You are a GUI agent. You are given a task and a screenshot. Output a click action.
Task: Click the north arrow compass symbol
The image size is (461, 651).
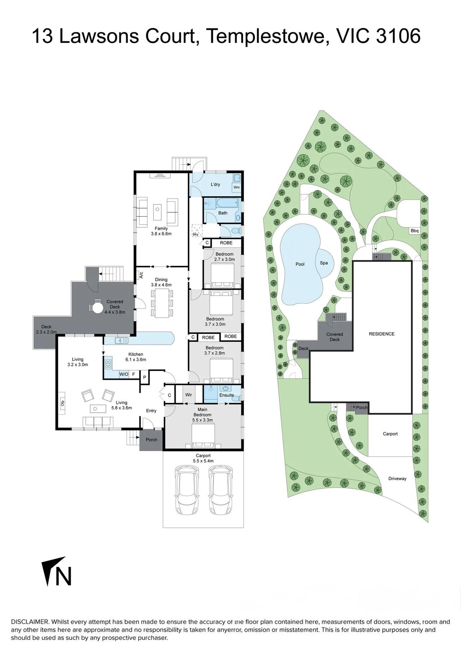coord(56,570)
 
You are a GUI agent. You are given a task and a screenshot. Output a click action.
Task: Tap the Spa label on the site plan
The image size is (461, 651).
coord(324,263)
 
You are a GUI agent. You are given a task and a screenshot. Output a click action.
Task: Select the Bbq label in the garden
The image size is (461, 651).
coord(414,231)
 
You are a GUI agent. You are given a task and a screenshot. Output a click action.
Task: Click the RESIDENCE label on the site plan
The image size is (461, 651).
coord(381,334)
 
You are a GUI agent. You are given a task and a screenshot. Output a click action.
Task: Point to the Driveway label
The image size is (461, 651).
coord(397,479)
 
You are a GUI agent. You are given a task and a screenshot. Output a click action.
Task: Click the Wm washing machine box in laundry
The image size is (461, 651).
coord(237,187)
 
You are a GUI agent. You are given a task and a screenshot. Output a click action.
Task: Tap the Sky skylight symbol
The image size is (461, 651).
coord(196,230)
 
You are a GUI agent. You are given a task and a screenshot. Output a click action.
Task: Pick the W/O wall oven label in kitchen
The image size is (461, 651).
coord(124,374)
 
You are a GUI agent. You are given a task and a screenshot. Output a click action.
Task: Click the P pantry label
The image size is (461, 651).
coord(144,378)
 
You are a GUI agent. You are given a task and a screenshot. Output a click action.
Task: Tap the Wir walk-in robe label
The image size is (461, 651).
coord(189,395)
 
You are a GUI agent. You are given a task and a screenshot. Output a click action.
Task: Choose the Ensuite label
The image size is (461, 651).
coord(226,395)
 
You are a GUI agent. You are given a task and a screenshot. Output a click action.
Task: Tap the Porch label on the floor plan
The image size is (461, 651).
coord(151,440)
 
